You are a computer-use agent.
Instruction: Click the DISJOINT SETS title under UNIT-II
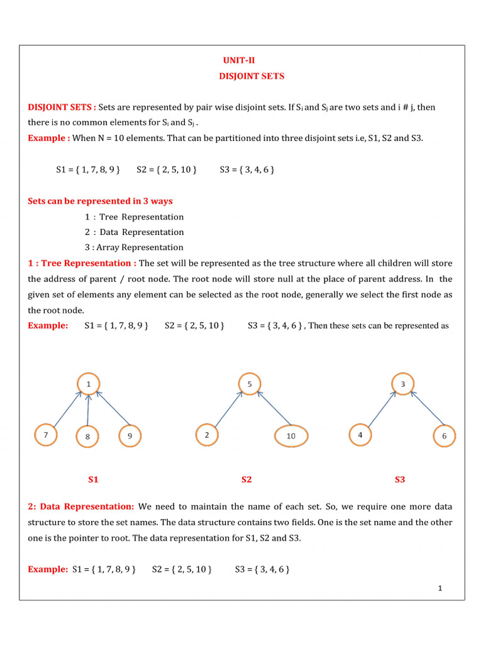pos(252,76)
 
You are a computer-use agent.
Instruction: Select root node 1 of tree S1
pos(89,384)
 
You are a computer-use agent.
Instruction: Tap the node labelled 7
pos(45,435)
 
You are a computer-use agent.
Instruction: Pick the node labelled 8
pos(88,437)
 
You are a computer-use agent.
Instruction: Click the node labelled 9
pos(130,435)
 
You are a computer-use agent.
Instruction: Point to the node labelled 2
pos(207,435)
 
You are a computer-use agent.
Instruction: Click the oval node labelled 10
pos(291,436)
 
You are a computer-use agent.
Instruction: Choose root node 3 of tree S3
pos(402,384)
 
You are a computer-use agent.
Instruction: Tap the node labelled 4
pos(360,435)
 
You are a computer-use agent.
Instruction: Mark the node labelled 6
pos(444,436)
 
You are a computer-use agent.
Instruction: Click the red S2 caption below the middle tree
pos(247,480)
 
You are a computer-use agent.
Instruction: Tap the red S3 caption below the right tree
pos(400,480)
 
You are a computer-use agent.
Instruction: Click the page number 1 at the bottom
pos(440,588)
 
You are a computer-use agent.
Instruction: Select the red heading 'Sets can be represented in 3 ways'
pos(100,202)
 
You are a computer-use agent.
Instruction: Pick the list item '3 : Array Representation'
pos(134,248)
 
